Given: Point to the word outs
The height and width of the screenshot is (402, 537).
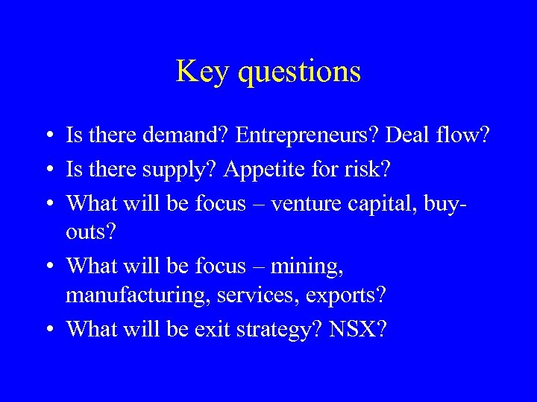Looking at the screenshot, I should [x=88, y=233].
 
